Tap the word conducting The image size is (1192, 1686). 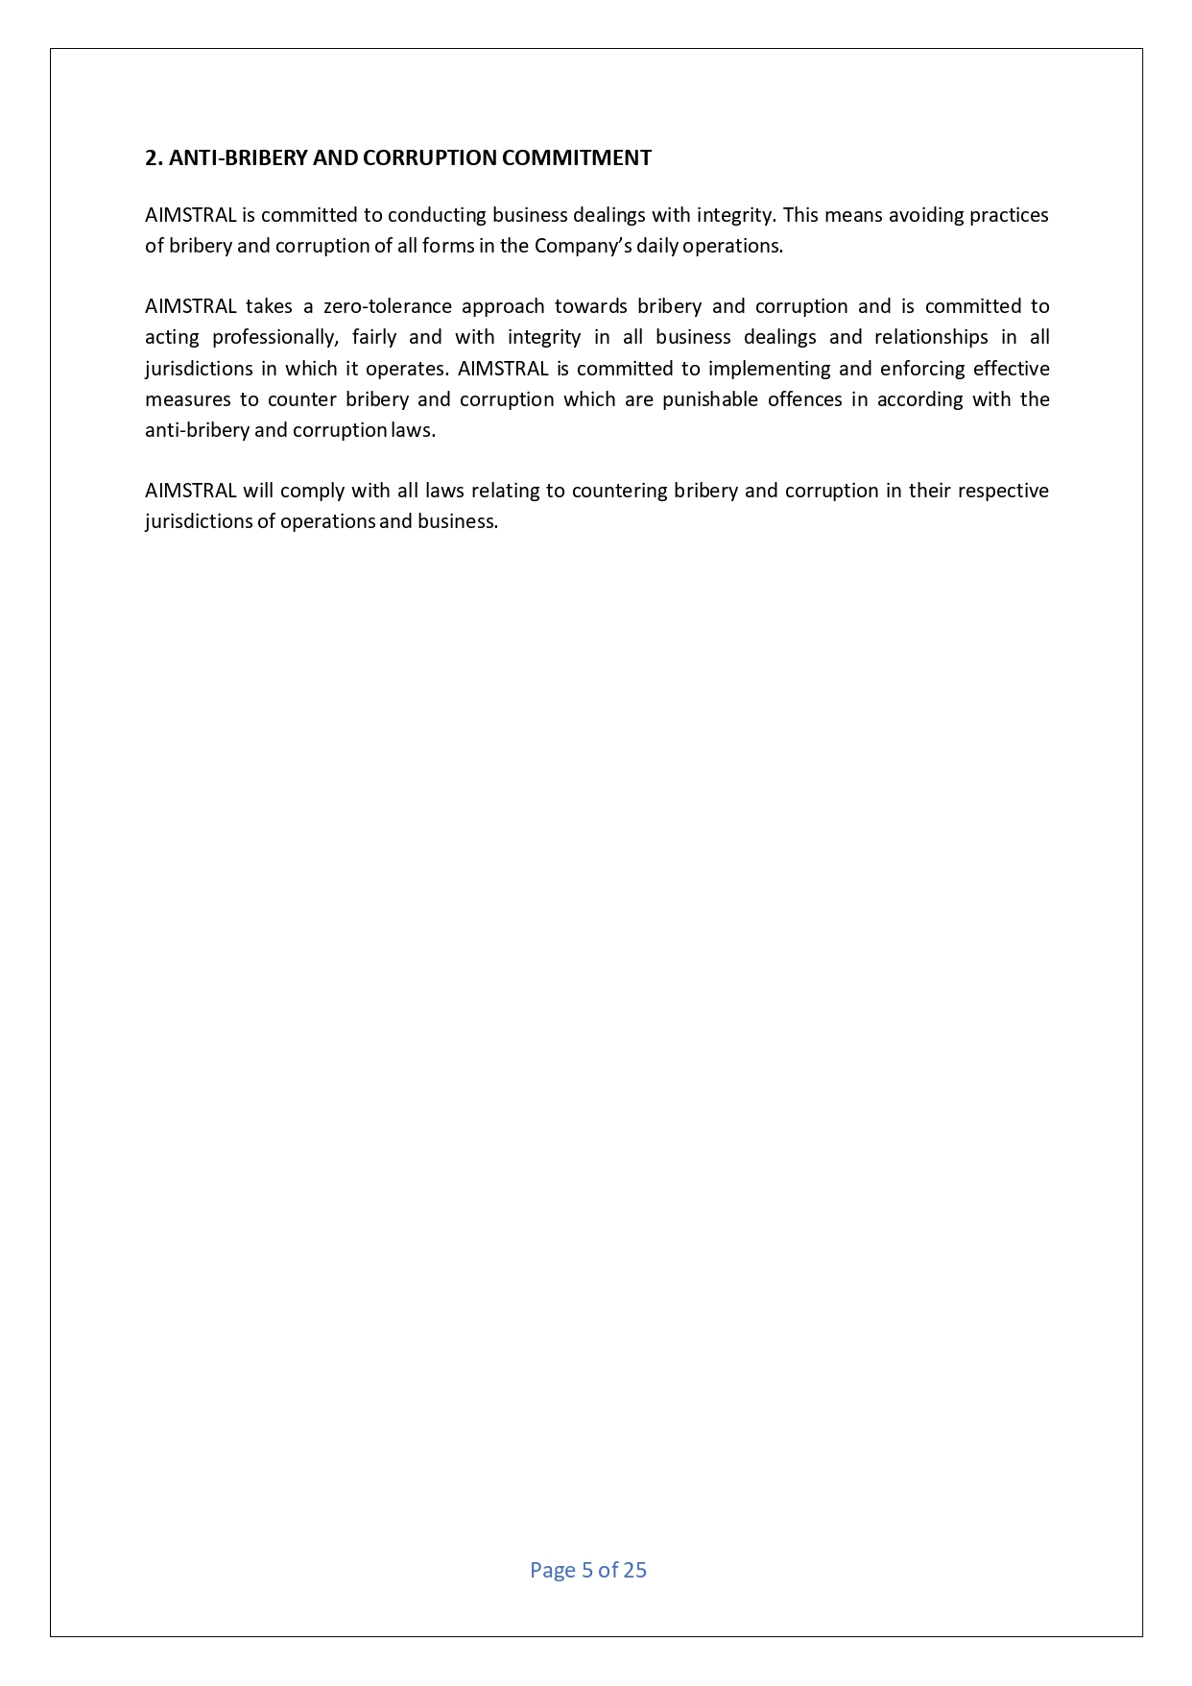click(437, 215)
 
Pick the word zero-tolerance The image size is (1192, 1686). click(387, 306)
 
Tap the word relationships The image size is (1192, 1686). click(931, 337)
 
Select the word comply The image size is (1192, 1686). click(312, 491)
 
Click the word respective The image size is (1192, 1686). click(1003, 491)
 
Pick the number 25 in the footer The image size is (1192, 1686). click(634, 1570)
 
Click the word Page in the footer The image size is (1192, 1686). click(552, 1570)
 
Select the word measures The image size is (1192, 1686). click(187, 399)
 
